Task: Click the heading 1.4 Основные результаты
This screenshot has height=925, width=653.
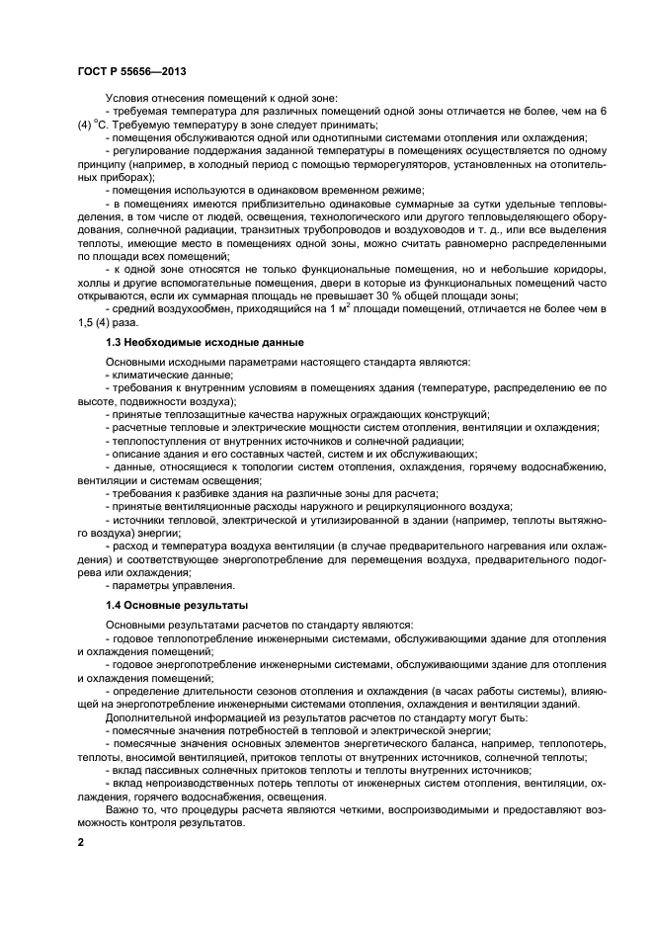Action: click(163, 604)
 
